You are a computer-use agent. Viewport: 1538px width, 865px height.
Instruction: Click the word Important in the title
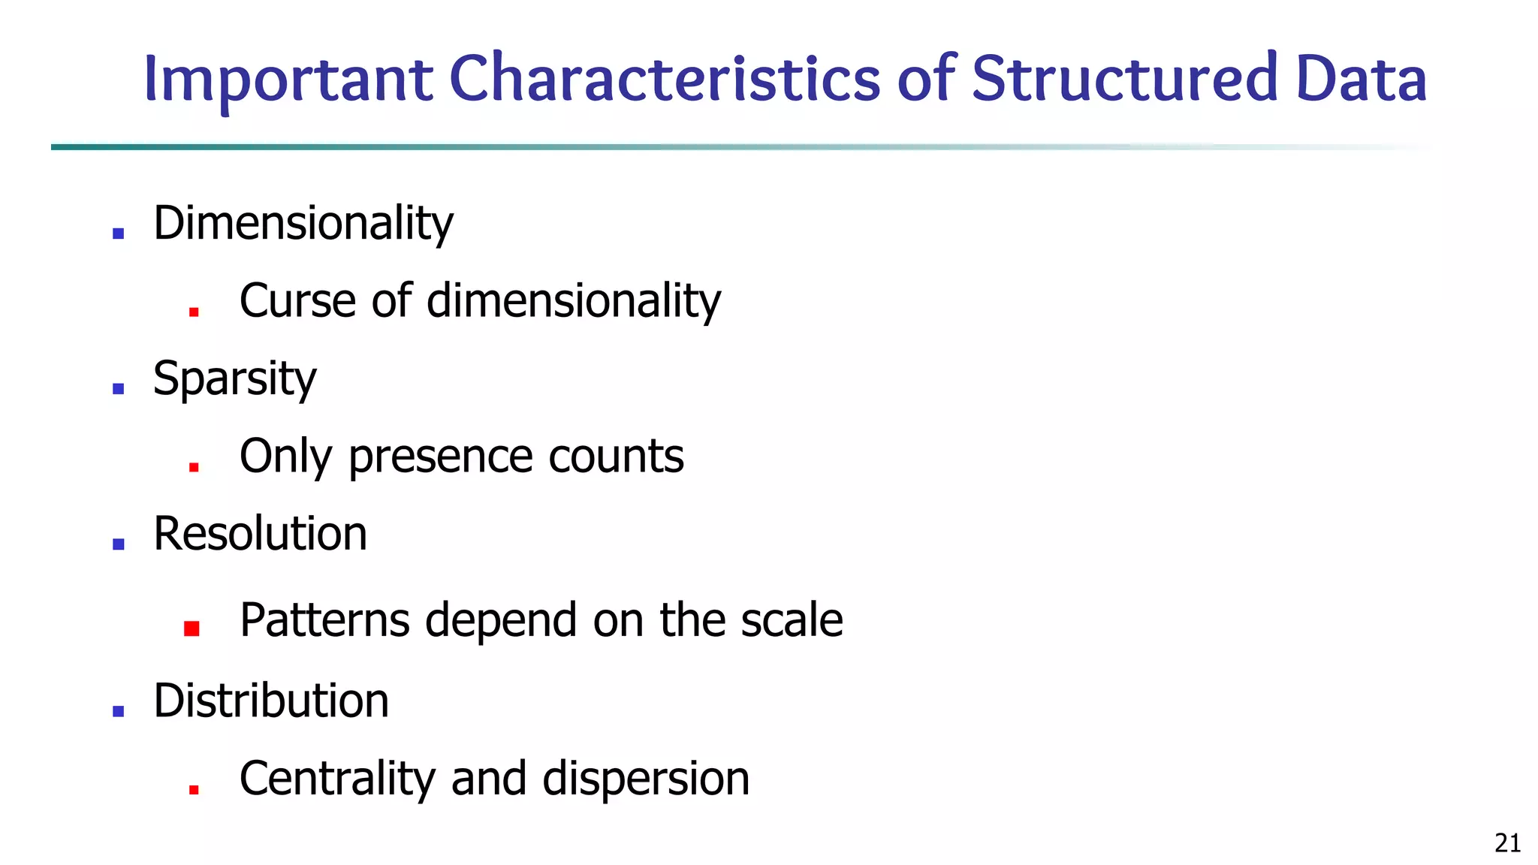point(288,80)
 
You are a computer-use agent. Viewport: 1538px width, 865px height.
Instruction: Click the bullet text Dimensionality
point(303,224)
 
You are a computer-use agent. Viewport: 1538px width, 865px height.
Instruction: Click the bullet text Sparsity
point(234,378)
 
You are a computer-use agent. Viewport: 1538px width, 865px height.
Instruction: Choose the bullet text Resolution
point(260,534)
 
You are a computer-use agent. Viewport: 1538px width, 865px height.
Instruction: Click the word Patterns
point(324,620)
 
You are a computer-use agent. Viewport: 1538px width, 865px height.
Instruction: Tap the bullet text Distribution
point(271,701)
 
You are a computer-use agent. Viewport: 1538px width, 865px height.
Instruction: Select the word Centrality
point(337,779)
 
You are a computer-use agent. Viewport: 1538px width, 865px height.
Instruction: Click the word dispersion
point(646,779)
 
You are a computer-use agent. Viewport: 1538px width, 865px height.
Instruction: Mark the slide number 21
point(1507,844)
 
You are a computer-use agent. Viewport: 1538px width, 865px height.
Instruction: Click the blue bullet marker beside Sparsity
point(118,388)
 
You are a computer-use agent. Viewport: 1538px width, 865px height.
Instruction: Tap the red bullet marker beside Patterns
point(191,628)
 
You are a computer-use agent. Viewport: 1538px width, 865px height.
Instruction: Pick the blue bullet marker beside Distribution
point(118,710)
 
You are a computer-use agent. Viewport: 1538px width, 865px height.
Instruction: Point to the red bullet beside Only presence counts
point(194,466)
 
